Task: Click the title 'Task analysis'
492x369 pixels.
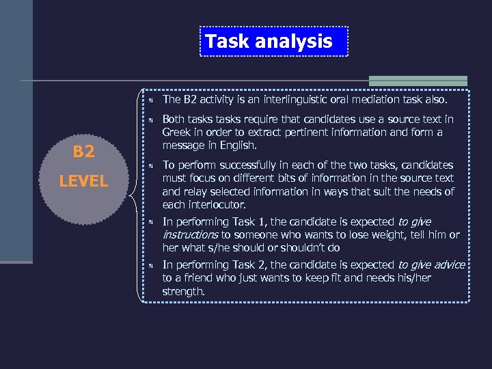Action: [269, 42]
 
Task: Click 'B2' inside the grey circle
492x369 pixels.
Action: [83, 152]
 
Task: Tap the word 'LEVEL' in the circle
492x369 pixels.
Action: [83, 181]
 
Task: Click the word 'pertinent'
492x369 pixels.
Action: [307, 133]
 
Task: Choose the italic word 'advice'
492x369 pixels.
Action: [447, 264]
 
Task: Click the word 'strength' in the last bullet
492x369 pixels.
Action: [182, 291]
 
